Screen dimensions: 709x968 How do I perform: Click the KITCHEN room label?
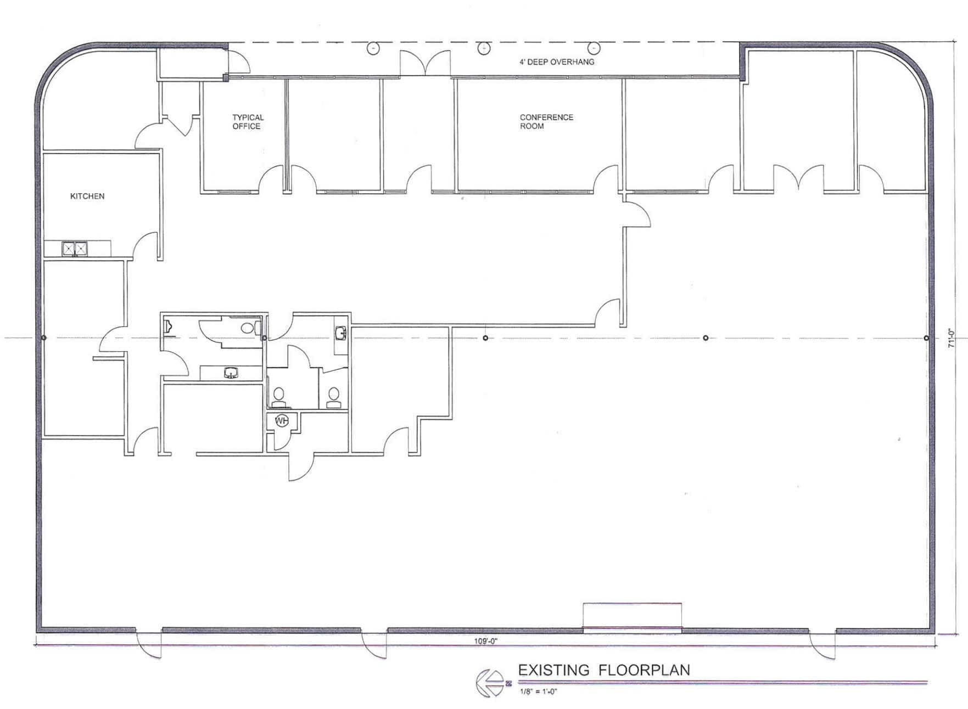(87, 196)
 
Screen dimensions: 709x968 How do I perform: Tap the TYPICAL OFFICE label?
(247, 122)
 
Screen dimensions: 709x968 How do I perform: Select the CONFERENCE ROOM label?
(546, 122)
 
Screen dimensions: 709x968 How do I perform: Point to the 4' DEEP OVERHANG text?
(556, 62)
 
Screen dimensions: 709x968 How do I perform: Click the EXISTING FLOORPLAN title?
(603, 670)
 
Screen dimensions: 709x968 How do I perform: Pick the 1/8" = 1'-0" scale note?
(538, 691)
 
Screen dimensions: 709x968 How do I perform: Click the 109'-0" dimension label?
(485, 641)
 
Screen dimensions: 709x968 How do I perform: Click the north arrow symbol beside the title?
(490, 683)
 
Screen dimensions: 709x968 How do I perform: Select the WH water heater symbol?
(281, 421)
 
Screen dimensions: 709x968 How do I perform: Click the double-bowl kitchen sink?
(74, 249)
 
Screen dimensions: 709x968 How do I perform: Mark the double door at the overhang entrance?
(425, 63)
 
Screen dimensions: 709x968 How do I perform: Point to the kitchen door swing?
(146, 245)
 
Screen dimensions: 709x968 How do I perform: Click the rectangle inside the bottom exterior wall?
(632, 615)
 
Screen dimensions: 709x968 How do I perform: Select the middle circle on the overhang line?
(483, 48)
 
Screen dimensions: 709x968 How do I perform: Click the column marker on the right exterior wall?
(926, 338)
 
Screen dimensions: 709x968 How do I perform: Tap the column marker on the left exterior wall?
(44, 337)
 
